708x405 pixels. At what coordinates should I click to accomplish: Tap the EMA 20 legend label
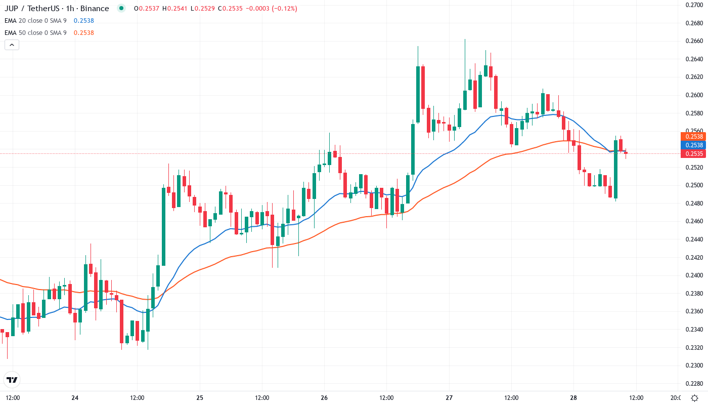coord(35,21)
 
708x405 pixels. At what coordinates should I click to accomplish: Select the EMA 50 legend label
coord(35,33)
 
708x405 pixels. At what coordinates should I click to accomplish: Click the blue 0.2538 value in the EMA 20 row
coord(83,21)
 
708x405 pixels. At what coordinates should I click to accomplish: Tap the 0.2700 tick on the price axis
coord(694,5)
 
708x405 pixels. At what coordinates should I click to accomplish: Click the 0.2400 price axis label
coord(694,275)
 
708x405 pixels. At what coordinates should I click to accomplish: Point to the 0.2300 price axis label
coord(694,366)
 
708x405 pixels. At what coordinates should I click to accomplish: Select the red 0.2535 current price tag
coord(693,154)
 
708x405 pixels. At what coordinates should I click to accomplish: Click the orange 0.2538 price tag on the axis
coord(693,137)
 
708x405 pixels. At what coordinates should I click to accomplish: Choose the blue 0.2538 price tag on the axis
coord(693,145)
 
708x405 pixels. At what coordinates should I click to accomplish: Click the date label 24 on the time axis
coord(75,398)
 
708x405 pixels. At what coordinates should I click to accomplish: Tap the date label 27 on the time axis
coord(449,398)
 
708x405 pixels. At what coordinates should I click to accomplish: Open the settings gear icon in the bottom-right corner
coord(695,398)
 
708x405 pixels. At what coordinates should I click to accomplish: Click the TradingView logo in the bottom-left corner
coord(12,380)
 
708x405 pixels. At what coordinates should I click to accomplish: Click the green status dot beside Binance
coord(121,9)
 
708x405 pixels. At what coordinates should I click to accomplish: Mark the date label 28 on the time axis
coord(573,398)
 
